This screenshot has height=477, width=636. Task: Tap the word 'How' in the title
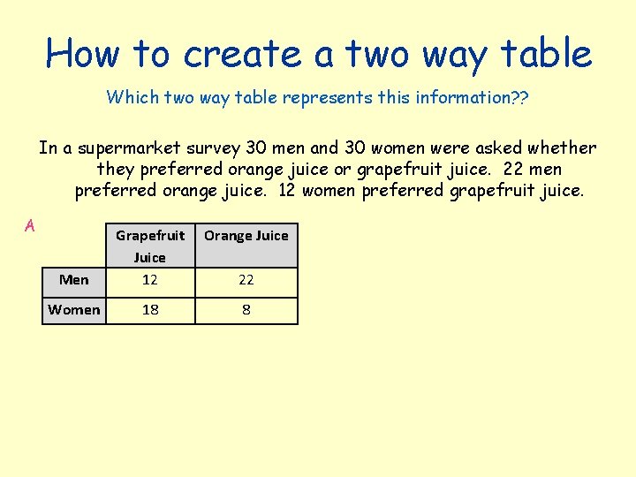83,54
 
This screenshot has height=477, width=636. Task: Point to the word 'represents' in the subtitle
325,97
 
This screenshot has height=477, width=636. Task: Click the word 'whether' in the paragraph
562,148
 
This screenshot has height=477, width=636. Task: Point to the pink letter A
30,225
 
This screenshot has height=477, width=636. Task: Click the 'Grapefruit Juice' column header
149,246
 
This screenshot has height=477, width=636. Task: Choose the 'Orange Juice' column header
246,235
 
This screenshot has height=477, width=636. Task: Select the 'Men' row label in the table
74,280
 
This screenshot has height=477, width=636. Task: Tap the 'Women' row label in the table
74,309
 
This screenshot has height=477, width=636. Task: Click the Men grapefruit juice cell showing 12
149,280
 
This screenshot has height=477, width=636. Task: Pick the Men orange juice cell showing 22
246,280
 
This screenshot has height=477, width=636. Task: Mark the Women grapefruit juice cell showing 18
149,309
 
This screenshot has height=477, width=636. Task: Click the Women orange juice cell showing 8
246,309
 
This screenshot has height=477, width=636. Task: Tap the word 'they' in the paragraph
116,169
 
